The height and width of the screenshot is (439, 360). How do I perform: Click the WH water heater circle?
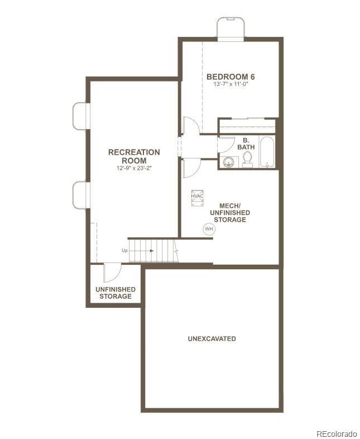[209, 229]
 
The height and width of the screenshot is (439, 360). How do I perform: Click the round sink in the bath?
[228, 163]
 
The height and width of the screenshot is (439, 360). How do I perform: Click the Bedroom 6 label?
[227, 77]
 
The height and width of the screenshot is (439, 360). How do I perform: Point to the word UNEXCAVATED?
[212, 338]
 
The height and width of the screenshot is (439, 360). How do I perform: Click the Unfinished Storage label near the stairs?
[116, 293]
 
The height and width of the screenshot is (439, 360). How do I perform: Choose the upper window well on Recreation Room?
[80, 116]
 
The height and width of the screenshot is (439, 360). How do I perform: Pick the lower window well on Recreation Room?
[80, 193]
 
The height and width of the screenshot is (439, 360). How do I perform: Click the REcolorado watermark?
[336, 433]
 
